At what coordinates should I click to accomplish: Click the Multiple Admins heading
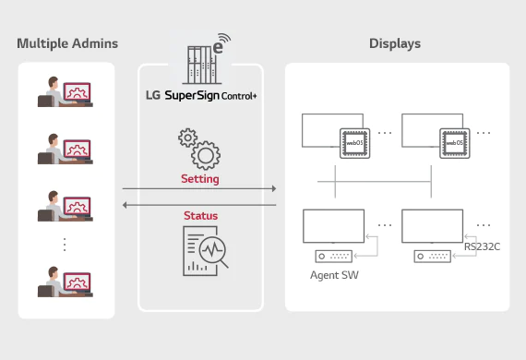tap(66, 43)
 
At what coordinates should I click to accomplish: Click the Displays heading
tap(395, 43)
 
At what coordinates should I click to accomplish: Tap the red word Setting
tap(200, 178)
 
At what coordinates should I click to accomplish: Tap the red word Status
tap(200, 215)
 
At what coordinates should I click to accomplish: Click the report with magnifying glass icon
tap(205, 252)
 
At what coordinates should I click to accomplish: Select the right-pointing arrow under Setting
tap(200, 188)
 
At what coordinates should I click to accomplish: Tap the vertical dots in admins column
tap(65, 245)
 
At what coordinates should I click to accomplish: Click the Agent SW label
tap(334, 275)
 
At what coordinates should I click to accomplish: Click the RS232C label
tap(483, 246)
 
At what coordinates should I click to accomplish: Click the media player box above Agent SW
tap(334, 256)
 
